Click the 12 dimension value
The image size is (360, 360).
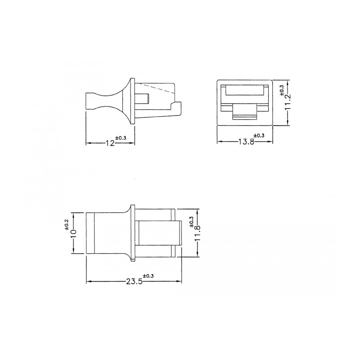tap(110, 143)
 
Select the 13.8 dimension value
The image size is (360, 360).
tap(247, 142)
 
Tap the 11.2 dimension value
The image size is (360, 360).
tap(288, 102)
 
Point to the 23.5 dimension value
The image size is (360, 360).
tap(134, 282)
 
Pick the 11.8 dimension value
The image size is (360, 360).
tap(198, 234)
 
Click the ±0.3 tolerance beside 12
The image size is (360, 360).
tap(121, 138)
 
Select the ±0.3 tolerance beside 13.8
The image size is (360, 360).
tap(259, 136)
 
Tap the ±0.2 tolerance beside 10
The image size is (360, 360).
tap(67, 225)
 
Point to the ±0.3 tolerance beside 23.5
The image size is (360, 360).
tap(148, 276)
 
